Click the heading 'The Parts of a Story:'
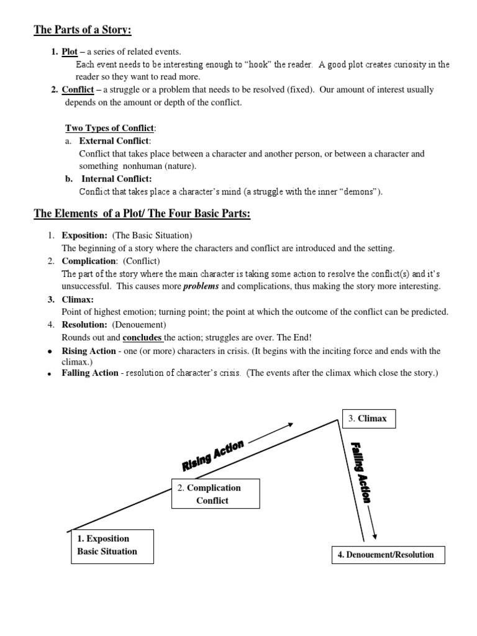[83, 30]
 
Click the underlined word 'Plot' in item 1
[69, 52]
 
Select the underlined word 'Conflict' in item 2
[77, 90]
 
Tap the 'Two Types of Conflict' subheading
[110, 129]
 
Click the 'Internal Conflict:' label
[117, 179]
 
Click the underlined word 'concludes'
[142, 338]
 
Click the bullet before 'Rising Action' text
[50, 352]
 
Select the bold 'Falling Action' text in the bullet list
[89, 373]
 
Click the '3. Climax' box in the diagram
[368, 419]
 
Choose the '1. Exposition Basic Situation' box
[112, 545]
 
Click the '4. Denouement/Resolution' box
[389, 555]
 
